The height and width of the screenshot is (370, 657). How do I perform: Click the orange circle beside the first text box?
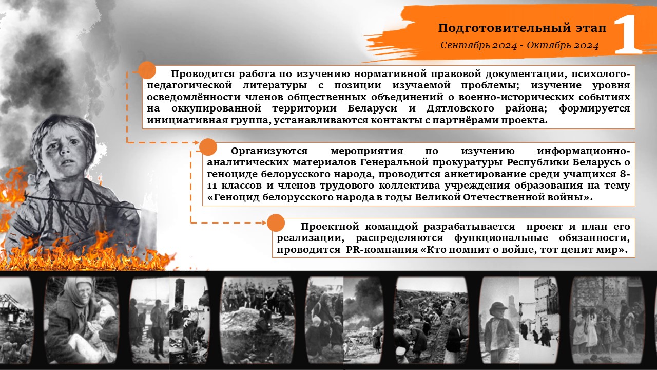(x=147, y=70)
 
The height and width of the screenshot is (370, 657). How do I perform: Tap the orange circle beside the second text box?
(x=208, y=147)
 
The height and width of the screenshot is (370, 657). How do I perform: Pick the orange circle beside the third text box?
(x=276, y=223)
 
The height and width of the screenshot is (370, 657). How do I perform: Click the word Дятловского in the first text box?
(x=460, y=108)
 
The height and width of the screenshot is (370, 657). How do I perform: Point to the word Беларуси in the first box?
(x=372, y=108)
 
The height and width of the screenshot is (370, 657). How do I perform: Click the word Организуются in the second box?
(x=269, y=151)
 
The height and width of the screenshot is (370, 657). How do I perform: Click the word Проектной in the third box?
(x=330, y=227)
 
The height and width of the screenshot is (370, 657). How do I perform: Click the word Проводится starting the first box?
(x=203, y=74)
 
